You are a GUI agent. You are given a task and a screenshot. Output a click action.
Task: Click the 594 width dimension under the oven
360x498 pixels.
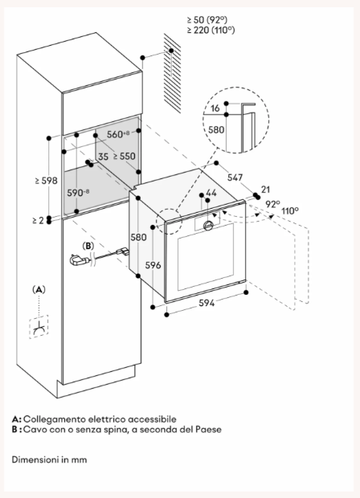tap(207, 303)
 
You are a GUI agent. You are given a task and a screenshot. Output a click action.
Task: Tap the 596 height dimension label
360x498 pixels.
tap(153, 265)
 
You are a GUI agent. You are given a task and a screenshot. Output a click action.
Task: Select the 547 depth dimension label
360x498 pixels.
tap(235, 178)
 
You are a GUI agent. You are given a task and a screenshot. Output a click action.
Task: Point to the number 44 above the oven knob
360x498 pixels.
tap(211, 193)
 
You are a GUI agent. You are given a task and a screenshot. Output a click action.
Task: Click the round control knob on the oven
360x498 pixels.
tap(208, 225)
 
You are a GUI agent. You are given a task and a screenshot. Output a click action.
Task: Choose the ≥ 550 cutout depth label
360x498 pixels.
tap(125, 156)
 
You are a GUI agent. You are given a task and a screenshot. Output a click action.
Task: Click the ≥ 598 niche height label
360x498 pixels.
tap(47, 181)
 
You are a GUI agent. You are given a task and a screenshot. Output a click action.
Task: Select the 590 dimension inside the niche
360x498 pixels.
tap(78, 193)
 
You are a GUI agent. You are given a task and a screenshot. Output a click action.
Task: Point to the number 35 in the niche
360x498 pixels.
tap(103, 157)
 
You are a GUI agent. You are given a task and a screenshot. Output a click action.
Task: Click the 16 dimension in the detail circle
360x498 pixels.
tap(215, 108)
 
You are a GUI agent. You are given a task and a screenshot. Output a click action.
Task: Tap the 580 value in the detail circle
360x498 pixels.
tap(216, 129)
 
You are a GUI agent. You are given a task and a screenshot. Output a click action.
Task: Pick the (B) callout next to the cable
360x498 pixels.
tap(88, 246)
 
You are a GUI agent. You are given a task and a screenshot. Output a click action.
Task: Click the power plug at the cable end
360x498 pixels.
tap(78, 261)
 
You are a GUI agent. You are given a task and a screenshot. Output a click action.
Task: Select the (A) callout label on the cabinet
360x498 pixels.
tap(39, 289)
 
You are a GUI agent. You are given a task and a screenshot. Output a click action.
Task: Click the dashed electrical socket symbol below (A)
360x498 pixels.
tap(39, 327)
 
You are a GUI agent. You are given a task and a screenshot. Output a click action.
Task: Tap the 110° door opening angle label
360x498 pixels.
tap(290, 210)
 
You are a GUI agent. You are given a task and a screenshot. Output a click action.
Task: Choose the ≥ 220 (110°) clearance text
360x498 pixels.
tap(211, 31)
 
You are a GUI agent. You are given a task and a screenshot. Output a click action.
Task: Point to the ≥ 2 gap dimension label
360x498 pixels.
tap(38, 220)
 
